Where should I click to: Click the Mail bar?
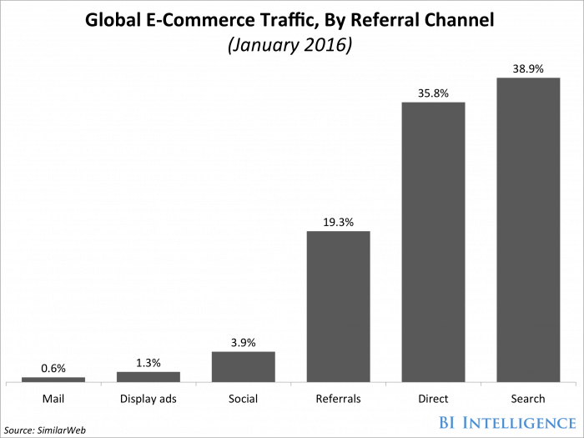53,380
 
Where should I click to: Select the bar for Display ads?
148,377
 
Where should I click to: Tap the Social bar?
243,367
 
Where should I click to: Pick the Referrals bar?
338,306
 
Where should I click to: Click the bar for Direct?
433,242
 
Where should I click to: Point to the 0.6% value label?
53,368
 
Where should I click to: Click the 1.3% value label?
148,362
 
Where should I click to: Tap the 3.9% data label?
243,342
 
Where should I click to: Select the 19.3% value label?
338,221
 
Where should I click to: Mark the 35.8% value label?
433,93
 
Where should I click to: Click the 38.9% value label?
528,69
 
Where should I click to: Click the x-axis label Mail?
53,399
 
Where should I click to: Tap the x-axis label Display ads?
148,399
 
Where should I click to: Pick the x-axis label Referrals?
338,399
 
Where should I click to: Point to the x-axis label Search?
528,399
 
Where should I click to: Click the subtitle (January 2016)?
292,44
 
